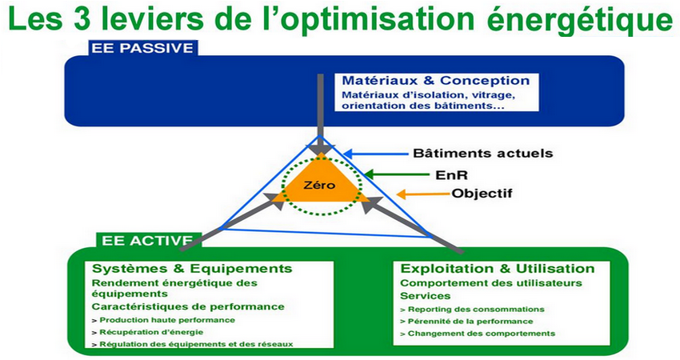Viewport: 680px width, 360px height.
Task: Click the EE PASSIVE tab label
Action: click(142, 48)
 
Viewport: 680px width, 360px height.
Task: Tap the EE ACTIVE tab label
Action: click(147, 241)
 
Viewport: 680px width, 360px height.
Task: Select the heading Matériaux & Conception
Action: click(436, 81)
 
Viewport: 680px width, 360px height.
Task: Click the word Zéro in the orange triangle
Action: click(319, 186)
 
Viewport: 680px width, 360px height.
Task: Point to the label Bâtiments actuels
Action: click(482, 153)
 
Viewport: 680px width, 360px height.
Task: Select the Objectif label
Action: click(482, 193)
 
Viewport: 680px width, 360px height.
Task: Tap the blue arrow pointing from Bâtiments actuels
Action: click(376, 153)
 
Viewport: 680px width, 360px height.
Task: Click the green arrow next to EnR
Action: click(397, 174)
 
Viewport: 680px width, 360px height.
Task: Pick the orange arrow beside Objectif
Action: click(423, 194)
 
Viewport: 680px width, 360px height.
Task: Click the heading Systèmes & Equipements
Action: click(192, 269)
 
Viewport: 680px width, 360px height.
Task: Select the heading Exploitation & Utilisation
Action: click(497, 269)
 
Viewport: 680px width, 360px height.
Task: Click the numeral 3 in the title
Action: click(82, 18)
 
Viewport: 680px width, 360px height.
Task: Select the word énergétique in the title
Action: click(580, 21)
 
